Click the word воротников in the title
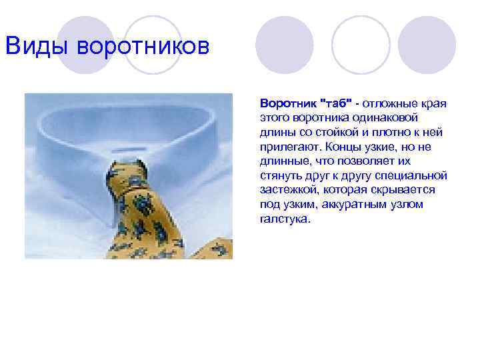(x=143, y=47)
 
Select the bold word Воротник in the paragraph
(x=289, y=105)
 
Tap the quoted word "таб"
(x=336, y=105)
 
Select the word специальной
(x=413, y=176)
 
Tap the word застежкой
(x=285, y=191)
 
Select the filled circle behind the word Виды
(x=85, y=45)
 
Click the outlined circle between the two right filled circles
(x=360, y=45)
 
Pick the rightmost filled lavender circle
(x=431, y=45)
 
